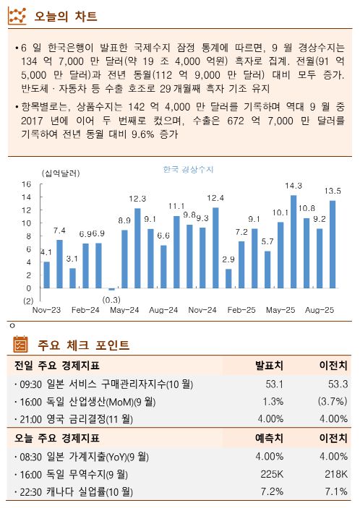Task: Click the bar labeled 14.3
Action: coord(293,242)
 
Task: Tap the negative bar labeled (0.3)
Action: coord(111,289)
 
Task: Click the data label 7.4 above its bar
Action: coord(59,231)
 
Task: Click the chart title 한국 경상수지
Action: coord(188,169)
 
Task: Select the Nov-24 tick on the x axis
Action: coord(202,309)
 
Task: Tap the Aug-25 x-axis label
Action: coord(319,309)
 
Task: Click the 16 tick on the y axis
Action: coord(26,184)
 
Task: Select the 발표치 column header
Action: coord(269,365)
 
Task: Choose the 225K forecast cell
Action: coord(272,474)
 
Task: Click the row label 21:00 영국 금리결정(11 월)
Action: coord(84,419)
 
